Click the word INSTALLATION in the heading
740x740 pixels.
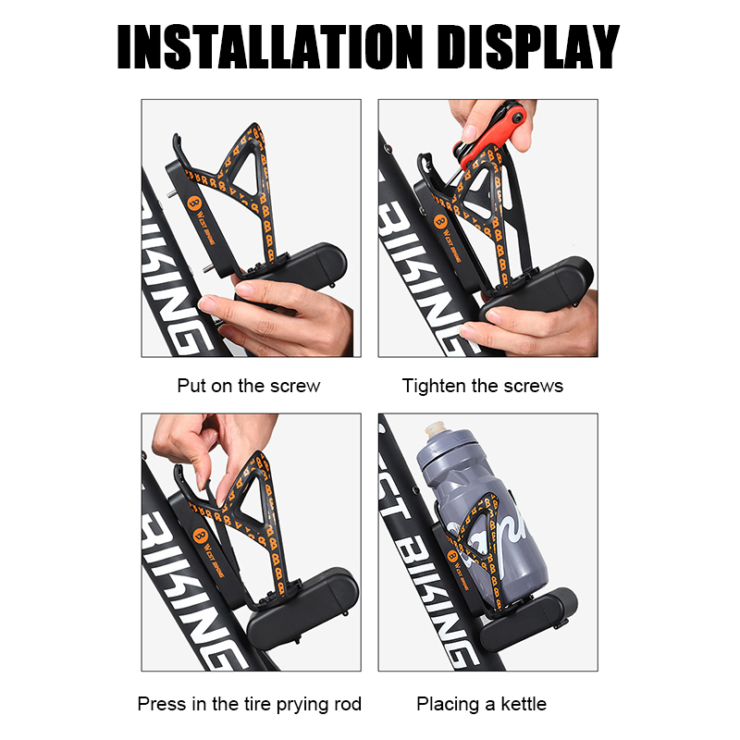point(269,47)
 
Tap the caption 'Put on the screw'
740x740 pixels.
point(249,386)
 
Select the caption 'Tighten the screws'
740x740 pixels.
point(482,386)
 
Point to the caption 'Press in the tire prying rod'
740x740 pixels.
point(249,704)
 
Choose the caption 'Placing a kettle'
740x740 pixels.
point(481,704)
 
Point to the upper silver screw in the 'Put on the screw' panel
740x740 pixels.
point(172,193)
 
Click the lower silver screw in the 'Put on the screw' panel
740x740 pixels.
point(208,268)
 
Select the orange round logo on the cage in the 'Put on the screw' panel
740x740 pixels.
point(194,203)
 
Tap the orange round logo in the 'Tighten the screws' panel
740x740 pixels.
point(440,220)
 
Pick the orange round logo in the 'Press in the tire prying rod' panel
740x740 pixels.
point(200,536)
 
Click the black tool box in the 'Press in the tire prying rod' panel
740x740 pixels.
point(303,602)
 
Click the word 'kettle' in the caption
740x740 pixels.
point(524,704)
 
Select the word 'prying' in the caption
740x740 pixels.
point(303,705)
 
